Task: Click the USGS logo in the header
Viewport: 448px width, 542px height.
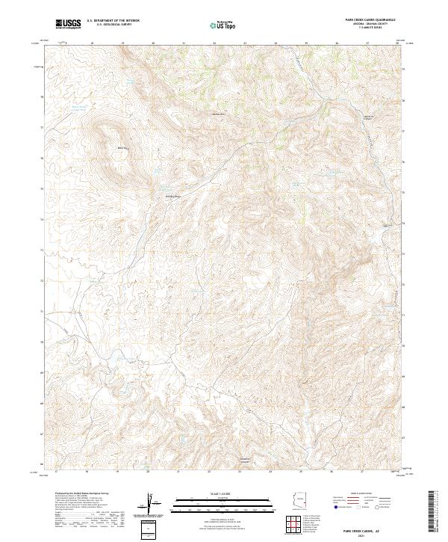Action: pos(68,24)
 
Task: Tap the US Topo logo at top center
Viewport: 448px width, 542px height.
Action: pos(223,25)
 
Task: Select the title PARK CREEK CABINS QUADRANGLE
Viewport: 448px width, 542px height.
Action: pos(370,19)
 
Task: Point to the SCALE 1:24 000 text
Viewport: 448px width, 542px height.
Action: pos(213,493)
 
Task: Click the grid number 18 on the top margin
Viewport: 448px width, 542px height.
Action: pos(92,43)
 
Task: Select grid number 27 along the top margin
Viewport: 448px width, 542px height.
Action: pos(367,43)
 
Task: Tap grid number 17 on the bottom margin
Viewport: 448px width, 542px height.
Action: pos(56,472)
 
